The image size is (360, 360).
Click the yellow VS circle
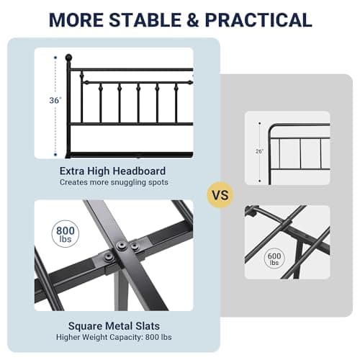220,194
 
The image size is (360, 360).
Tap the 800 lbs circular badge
66,234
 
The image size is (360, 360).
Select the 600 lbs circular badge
274,258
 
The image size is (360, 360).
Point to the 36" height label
55,100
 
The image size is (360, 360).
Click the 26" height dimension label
259,151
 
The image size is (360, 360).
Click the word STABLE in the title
145,19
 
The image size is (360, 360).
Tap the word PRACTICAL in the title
258,19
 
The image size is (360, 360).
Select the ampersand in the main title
193,19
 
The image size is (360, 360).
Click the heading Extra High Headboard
112,171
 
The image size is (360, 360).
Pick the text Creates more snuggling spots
114,182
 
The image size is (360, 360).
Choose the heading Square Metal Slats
114,326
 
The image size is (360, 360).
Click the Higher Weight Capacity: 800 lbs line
114,337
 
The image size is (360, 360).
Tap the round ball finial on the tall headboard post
68,58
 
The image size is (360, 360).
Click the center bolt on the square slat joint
121,246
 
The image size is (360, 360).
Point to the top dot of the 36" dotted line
55,58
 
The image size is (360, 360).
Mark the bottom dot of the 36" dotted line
55,155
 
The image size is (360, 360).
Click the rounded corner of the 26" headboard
271,127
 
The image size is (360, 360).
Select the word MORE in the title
76,19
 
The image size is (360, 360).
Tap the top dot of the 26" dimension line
259,123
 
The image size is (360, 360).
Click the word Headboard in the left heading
139,171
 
